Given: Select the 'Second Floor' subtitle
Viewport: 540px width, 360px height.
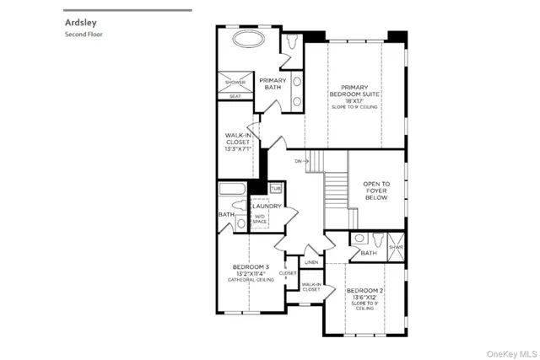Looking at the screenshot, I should (84, 35).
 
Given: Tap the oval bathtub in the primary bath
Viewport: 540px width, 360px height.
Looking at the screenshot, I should (248, 41).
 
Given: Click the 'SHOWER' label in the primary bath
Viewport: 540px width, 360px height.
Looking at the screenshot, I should (235, 82).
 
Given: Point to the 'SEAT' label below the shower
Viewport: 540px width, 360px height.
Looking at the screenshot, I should (235, 95).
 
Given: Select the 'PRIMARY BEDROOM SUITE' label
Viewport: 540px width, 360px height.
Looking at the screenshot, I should (360, 90).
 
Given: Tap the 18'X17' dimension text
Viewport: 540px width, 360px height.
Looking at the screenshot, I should (360, 100).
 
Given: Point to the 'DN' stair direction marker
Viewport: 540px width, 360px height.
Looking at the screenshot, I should (299, 160).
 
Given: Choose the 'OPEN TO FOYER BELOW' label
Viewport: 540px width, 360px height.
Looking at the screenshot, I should (375, 191).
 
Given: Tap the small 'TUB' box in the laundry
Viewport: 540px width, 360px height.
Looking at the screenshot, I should (276, 189).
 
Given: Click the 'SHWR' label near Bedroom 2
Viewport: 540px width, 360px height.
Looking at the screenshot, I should (396, 247).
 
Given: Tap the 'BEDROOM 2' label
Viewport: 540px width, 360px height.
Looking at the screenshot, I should (364, 290).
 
